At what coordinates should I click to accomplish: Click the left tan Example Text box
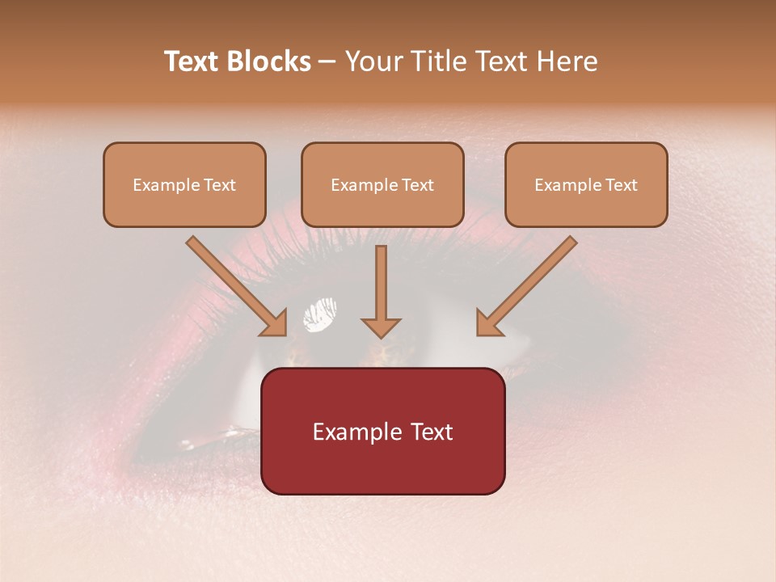click(184, 185)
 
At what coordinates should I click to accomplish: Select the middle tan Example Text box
click(382, 185)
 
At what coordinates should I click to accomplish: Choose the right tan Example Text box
click(586, 185)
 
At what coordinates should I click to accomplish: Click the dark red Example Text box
click(383, 432)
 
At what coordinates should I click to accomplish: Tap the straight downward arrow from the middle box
click(381, 283)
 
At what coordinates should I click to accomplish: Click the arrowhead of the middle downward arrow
click(381, 327)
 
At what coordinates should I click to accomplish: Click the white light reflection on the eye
click(320, 314)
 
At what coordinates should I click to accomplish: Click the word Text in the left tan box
click(219, 185)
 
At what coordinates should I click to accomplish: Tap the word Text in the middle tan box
click(417, 185)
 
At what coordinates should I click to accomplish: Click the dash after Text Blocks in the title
click(327, 62)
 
